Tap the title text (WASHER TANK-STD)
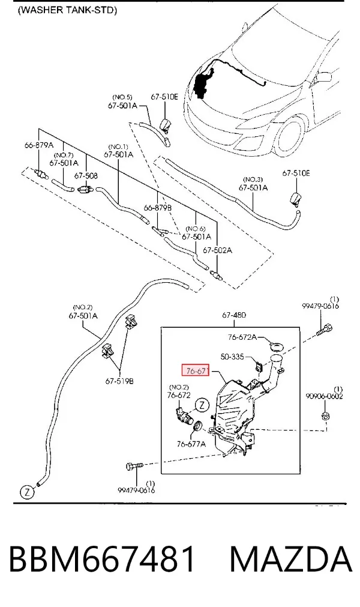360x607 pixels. coord(67,10)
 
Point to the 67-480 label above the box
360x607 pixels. coord(234,315)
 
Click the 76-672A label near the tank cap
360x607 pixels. coord(242,337)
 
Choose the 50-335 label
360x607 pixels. coord(232,357)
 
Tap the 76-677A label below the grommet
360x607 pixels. coord(191,444)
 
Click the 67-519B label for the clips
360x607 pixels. coord(119,381)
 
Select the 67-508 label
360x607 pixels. coord(86,176)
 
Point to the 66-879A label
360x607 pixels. coord(38,145)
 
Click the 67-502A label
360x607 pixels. coord(217,250)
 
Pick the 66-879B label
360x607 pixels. coord(158,208)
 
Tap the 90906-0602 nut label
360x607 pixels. coord(324,396)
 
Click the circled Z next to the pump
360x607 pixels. coord(202,405)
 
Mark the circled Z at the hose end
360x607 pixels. coord(27,492)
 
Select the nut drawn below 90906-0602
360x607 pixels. coord(325,417)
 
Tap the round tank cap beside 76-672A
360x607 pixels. coord(275,344)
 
